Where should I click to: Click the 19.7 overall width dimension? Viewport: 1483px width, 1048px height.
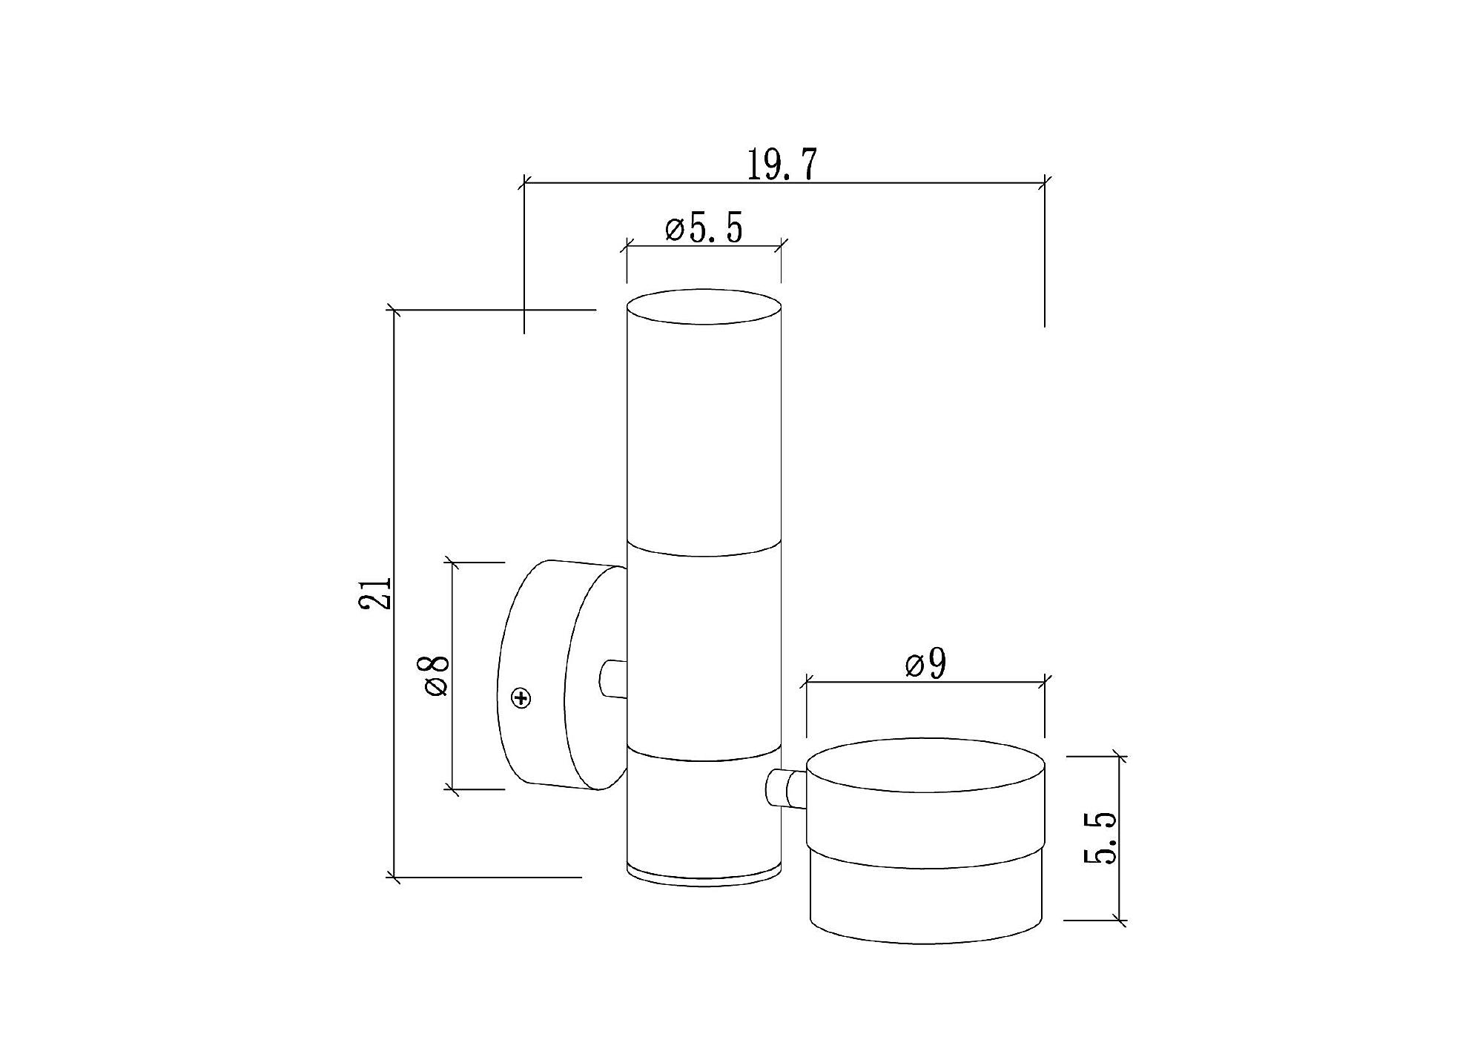coord(782,165)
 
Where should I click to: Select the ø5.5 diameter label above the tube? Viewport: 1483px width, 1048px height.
coord(704,229)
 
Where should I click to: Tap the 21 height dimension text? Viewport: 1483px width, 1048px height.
coord(375,592)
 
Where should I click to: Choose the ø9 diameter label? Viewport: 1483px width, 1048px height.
coord(926,665)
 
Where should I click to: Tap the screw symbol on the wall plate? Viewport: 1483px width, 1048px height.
coord(522,698)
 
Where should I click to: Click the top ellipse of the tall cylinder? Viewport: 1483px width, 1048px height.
coord(704,307)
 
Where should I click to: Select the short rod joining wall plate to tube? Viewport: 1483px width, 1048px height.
coord(612,678)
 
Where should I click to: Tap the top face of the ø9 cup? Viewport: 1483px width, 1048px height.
coord(925,765)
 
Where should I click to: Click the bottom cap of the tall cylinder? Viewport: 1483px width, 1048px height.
coord(704,873)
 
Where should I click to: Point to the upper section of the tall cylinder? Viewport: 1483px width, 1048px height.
coord(704,437)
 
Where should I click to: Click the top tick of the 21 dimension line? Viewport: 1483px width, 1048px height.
coord(394,311)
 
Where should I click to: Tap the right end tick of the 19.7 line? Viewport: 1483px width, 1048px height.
coord(1045,182)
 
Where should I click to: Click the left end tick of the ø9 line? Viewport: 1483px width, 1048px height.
coord(807,682)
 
